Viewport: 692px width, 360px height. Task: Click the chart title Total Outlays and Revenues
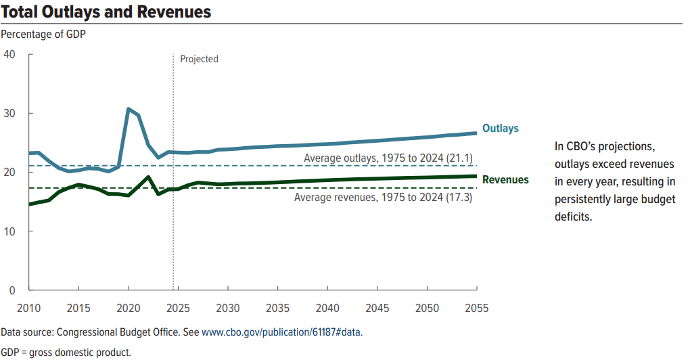point(106,12)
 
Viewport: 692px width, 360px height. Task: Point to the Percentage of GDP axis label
point(44,33)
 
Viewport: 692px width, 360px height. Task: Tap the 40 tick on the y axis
point(10,54)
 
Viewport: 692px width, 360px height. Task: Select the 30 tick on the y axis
point(10,113)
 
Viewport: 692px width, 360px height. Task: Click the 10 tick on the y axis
point(10,231)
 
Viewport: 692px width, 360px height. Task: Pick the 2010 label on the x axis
point(28,309)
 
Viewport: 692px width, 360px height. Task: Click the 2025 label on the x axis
point(177,309)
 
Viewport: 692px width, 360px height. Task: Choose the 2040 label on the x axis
point(327,309)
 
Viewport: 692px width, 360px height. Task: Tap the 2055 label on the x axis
point(476,309)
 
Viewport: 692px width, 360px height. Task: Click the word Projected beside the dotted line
point(199,59)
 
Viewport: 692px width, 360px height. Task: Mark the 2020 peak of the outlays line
point(129,109)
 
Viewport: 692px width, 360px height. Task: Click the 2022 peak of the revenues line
point(148,177)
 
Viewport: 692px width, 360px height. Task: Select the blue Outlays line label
point(500,129)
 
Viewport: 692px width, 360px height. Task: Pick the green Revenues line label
point(505,180)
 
